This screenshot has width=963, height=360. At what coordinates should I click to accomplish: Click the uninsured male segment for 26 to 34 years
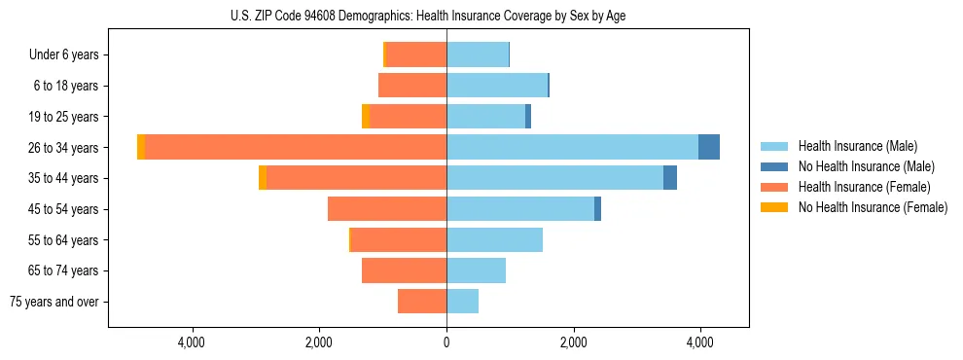(709, 147)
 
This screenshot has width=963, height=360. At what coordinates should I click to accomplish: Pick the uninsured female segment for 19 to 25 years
(366, 117)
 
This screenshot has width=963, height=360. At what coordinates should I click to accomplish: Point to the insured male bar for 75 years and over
(462, 302)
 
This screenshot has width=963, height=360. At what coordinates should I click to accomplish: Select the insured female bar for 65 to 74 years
(404, 270)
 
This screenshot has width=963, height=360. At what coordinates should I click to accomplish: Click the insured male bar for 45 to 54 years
(520, 209)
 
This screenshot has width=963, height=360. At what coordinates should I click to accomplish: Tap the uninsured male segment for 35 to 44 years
(670, 178)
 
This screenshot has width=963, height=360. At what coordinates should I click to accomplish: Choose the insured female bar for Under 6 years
(416, 54)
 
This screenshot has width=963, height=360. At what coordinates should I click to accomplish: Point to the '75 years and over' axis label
(54, 302)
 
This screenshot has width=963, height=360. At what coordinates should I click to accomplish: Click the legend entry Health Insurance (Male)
(857, 146)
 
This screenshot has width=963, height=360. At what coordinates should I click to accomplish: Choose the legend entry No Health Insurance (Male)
(866, 166)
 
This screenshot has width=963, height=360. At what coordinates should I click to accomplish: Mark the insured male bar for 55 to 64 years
(494, 239)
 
